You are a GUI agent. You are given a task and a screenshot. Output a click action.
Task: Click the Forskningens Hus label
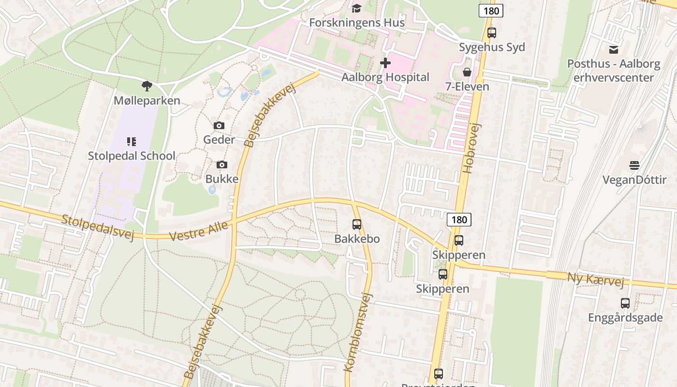click(x=357, y=23)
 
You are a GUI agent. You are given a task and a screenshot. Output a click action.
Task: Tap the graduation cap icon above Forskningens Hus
click(x=357, y=8)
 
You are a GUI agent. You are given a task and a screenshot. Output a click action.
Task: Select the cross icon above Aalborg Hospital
click(x=385, y=63)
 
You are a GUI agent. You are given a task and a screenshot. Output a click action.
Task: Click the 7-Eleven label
click(x=467, y=87)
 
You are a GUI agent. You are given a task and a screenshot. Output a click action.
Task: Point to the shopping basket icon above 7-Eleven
click(x=467, y=72)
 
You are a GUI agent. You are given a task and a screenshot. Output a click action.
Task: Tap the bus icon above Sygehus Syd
click(x=492, y=33)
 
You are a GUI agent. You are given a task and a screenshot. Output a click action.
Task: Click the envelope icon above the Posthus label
click(x=614, y=49)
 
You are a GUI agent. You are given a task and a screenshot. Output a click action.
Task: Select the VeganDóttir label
click(x=634, y=180)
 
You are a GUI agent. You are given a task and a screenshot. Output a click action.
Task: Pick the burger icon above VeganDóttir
click(x=634, y=165)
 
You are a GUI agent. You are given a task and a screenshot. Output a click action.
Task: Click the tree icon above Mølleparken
click(x=147, y=86)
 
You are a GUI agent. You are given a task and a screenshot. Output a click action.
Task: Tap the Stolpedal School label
click(x=132, y=156)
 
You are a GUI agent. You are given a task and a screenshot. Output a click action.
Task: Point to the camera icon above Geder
click(x=219, y=126)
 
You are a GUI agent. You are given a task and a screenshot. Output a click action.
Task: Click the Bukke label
click(x=222, y=179)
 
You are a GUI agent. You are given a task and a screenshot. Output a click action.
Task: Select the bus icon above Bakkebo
click(x=357, y=224)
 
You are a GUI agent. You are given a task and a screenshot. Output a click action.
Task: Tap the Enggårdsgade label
click(x=625, y=318)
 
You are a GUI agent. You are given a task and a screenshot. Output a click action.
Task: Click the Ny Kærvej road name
click(x=595, y=279)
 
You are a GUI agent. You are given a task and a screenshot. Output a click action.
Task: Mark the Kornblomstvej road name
click(x=358, y=332)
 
